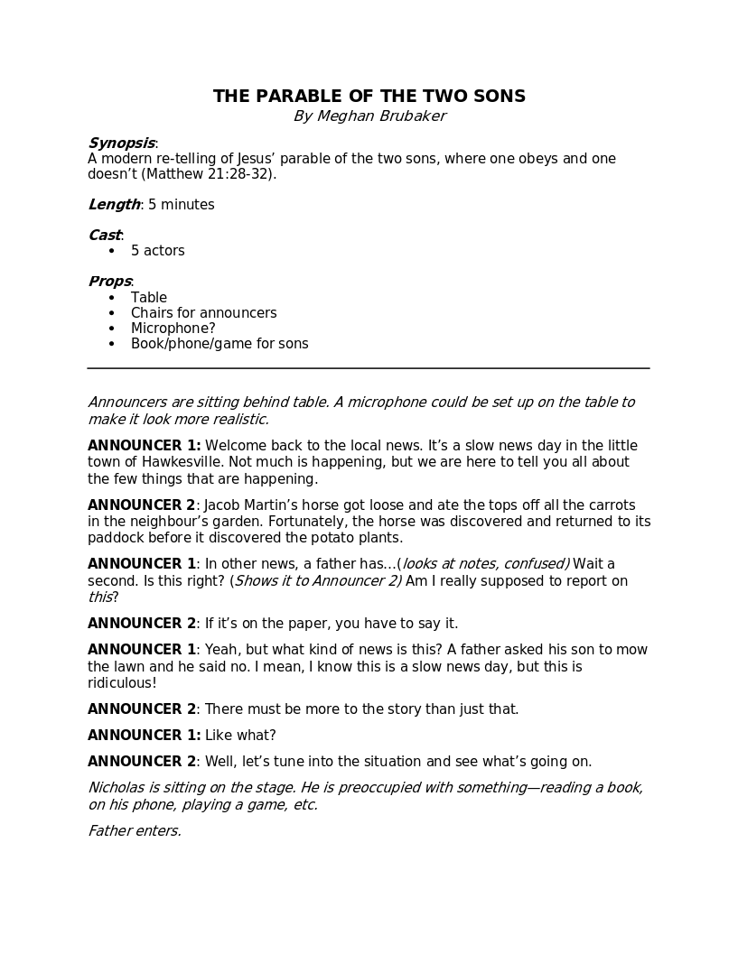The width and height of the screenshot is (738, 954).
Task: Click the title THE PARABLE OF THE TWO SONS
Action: (369, 97)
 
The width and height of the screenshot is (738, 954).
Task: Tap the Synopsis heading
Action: (121, 144)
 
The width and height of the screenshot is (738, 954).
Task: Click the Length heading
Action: (114, 205)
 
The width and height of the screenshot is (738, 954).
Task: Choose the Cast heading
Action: (104, 236)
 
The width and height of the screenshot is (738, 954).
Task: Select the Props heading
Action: (109, 282)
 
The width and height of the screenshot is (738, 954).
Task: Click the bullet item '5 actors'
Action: (157, 251)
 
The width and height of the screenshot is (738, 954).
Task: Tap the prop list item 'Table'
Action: (149, 298)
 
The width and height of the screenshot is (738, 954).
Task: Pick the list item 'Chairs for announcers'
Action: (203, 313)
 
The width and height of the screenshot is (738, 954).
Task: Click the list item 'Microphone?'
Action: (173, 329)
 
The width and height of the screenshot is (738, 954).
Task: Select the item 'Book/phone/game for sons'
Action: (220, 344)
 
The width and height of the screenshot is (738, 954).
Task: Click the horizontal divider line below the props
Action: (369, 368)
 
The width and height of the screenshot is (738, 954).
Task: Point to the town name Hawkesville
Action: (179, 462)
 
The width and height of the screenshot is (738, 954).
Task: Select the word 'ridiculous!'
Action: (122, 683)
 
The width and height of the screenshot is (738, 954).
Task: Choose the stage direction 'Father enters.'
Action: (135, 831)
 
